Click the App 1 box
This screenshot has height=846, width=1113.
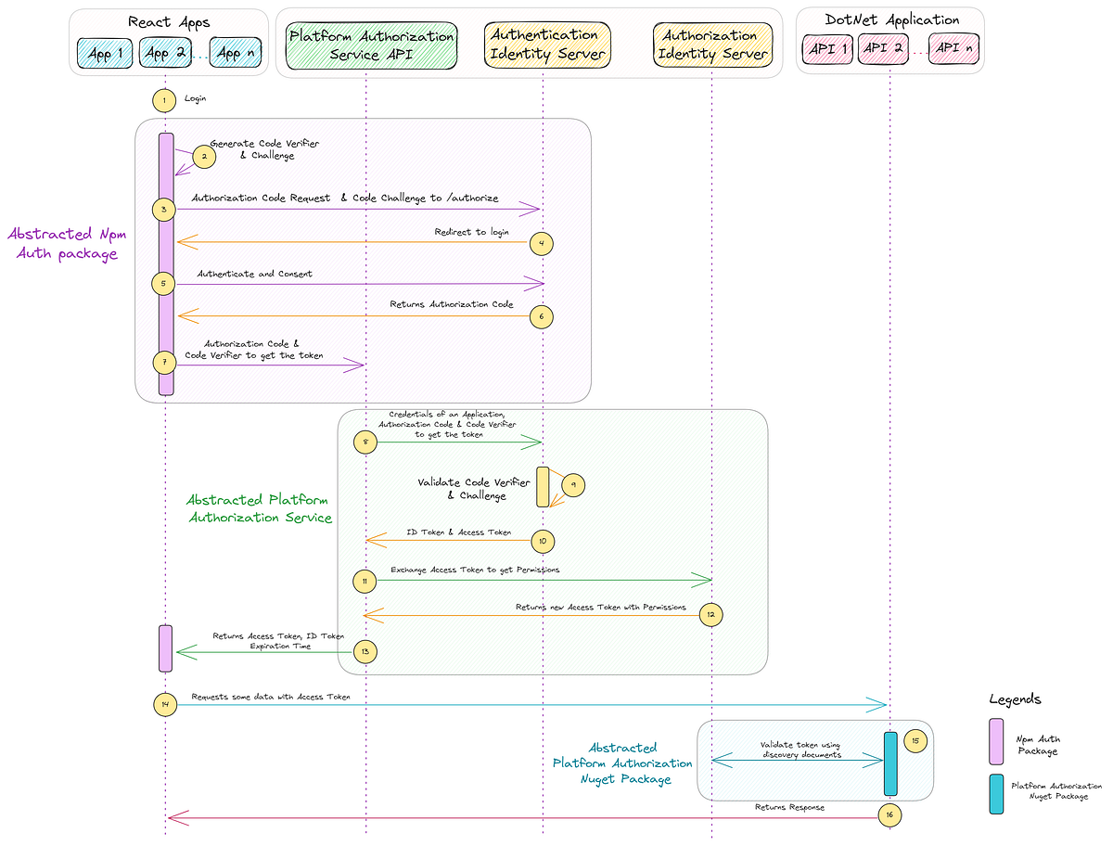click(x=106, y=53)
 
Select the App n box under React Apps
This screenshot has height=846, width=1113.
click(x=229, y=53)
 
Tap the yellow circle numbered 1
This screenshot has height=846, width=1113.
click(x=164, y=99)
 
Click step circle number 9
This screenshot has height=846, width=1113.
click(x=573, y=485)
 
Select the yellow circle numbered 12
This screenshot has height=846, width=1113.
click(x=710, y=614)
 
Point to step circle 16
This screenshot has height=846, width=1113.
click(x=889, y=814)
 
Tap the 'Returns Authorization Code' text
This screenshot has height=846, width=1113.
click(x=451, y=304)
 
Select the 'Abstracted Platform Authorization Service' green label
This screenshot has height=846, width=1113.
click(x=260, y=509)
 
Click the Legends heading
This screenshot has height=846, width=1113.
click(x=1015, y=699)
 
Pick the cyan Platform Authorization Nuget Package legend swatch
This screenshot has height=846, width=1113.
click(x=995, y=794)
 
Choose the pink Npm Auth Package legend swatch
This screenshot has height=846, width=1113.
click(x=995, y=741)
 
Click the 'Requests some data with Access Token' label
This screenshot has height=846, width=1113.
click(x=271, y=696)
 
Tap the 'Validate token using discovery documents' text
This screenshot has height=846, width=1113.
click(x=800, y=750)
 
